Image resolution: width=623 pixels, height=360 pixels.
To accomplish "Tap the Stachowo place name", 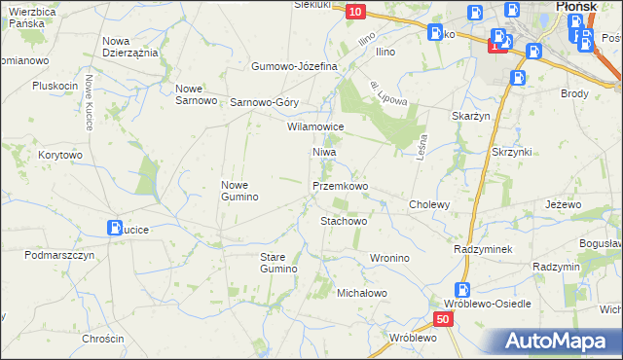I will tap(344, 221).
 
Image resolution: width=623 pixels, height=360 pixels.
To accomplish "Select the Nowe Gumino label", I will tap(239, 191).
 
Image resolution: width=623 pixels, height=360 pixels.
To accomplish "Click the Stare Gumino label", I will tap(277, 262).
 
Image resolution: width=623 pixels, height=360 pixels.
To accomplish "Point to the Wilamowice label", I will tap(315, 127).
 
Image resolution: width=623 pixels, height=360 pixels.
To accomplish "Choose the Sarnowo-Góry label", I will tap(263, 102).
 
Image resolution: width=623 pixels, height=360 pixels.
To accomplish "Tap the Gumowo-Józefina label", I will tap(293, 66).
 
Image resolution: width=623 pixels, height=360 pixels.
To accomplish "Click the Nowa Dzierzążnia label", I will tap(129, 47).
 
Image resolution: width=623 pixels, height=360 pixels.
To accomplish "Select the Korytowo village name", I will tap(60, 155).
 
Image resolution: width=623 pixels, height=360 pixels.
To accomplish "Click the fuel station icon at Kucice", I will tap(115, 229).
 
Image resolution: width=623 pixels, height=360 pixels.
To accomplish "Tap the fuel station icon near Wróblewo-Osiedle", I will tap(463, 289).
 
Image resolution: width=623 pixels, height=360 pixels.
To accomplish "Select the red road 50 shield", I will tap(444, 319).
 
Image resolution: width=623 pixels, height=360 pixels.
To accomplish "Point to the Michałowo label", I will tap(362, 293).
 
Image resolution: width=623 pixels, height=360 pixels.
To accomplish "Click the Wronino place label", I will tap(388, 258).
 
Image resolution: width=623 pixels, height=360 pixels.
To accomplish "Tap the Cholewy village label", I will tap(429, 205).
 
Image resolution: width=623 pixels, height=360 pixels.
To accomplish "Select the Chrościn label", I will tap(103, 339).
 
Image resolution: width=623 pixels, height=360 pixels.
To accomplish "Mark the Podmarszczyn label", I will tap(59, 255).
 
